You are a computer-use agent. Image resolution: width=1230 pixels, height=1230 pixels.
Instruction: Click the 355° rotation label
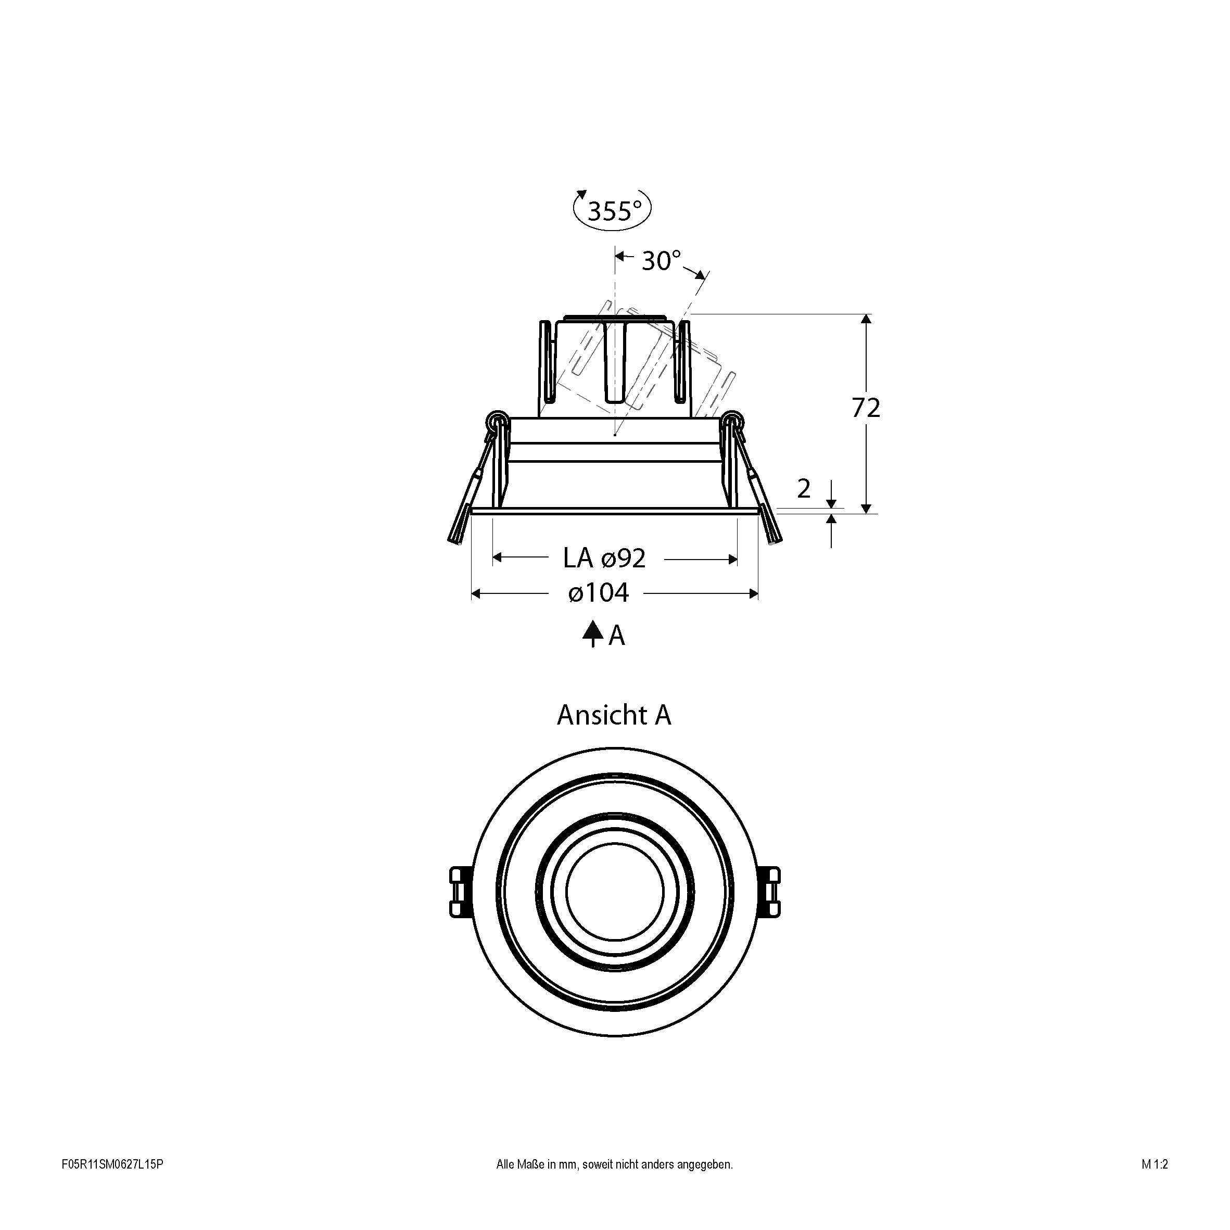click(613, 211)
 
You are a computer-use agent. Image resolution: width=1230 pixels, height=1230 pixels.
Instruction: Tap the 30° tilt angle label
click(662, 260)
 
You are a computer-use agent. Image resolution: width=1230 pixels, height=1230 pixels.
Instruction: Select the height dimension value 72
click(866, 408)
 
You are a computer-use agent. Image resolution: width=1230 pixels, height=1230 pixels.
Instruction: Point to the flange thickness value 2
click(804, 488)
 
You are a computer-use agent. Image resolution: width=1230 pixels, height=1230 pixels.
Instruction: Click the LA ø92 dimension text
click(604, 559)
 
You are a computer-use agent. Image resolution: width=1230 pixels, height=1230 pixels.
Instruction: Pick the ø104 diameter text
click(599, 593)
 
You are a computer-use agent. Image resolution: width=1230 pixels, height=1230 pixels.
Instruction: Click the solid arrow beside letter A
click(593, 634)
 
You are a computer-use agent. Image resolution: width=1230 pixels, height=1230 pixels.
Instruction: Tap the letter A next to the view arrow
click(616, 636)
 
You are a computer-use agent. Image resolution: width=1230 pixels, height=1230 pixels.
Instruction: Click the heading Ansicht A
click(614, 715)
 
